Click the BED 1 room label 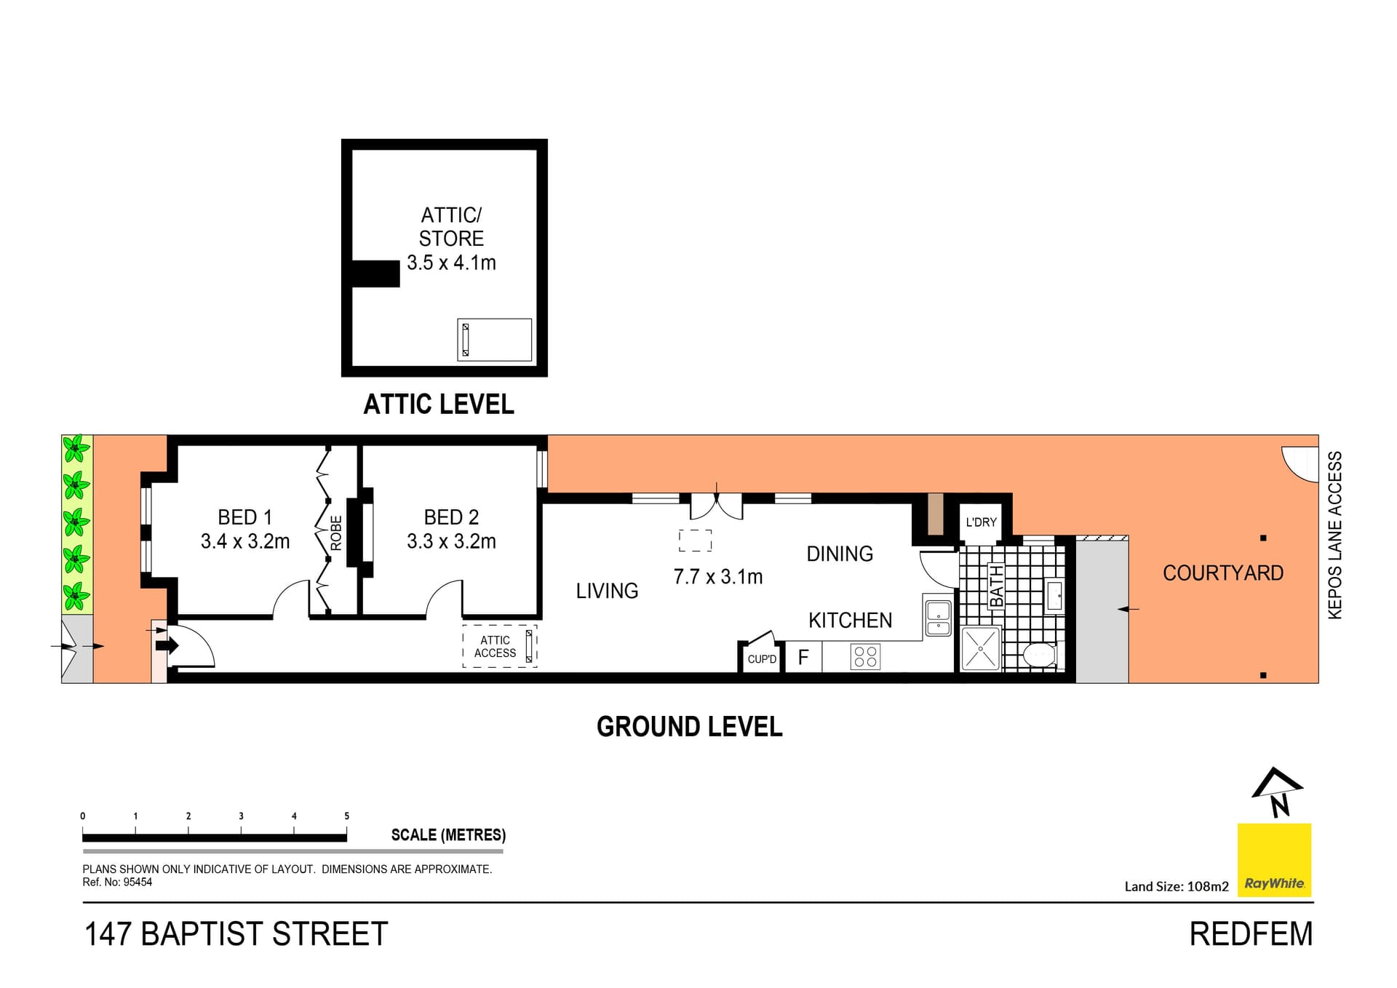click(x=244, y=517)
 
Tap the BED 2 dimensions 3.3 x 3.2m click(x=451, y=541)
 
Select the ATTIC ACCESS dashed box click(x=500, y=646)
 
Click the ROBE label click(x=335, y=533)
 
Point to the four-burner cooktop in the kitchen click(x=865, y=657)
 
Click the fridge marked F click(x=803, y=658)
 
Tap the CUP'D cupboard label click(x=762, y=659)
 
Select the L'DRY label click(x=981, y=522)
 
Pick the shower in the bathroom click(x=981, y=648)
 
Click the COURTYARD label click(x=1222, y=573)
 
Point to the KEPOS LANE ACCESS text click(x=1334, y=535)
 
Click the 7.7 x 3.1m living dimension click(x=717, y=577)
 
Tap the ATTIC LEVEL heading click(x=438, y=405)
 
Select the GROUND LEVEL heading click(x=689, y=727)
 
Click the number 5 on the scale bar click(x=346, y=816)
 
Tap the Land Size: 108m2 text click(x=1176, y=886)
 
